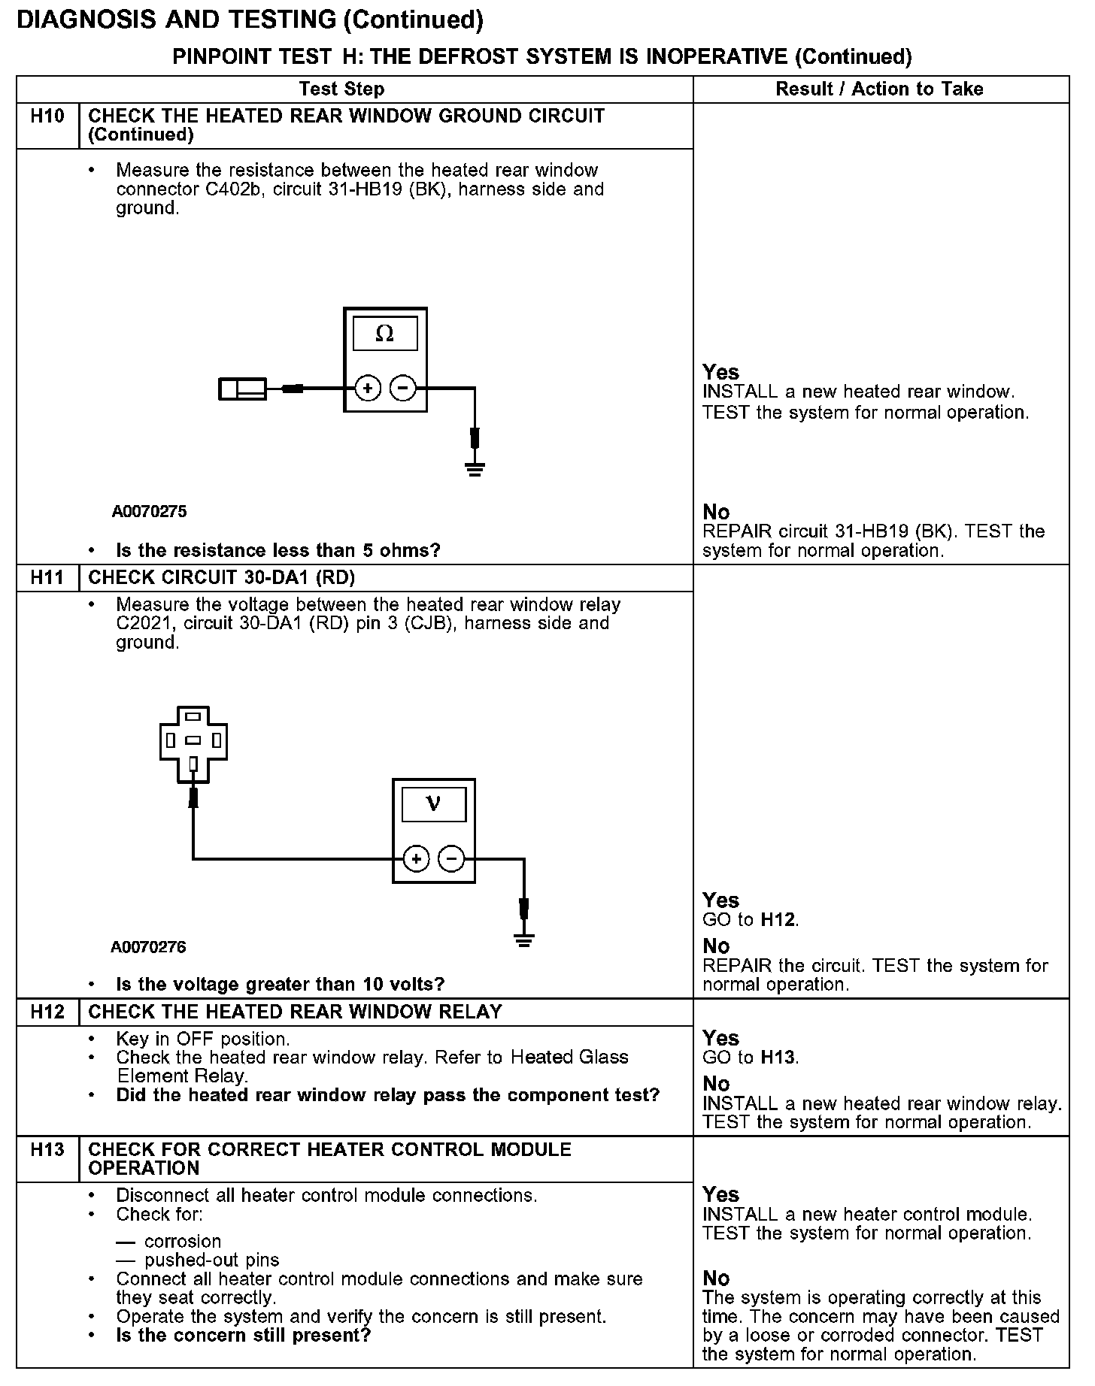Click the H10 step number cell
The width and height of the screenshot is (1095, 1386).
47,117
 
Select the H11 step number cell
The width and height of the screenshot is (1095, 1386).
47,578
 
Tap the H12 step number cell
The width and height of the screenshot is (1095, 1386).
47,1012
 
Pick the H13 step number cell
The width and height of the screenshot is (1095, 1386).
47,1150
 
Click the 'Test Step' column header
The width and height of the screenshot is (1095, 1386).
341,89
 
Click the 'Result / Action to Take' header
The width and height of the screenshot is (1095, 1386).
879,89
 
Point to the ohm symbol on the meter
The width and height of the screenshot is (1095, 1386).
384,334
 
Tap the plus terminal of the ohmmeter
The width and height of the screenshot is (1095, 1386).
368,389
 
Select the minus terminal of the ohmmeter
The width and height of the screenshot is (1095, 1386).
403,389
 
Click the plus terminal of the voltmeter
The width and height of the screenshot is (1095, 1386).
417,858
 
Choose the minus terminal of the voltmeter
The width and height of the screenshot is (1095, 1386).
451,858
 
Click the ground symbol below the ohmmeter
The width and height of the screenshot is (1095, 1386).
475,470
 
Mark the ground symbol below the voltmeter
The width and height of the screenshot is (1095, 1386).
524,940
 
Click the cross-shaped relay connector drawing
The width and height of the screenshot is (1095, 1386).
193,744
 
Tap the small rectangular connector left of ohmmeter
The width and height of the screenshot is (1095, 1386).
242,389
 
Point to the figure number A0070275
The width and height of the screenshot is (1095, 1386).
149,512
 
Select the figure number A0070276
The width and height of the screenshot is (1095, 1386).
148,947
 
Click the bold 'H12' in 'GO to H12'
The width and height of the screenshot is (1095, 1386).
778,920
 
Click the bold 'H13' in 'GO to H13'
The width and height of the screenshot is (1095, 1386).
778,1058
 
